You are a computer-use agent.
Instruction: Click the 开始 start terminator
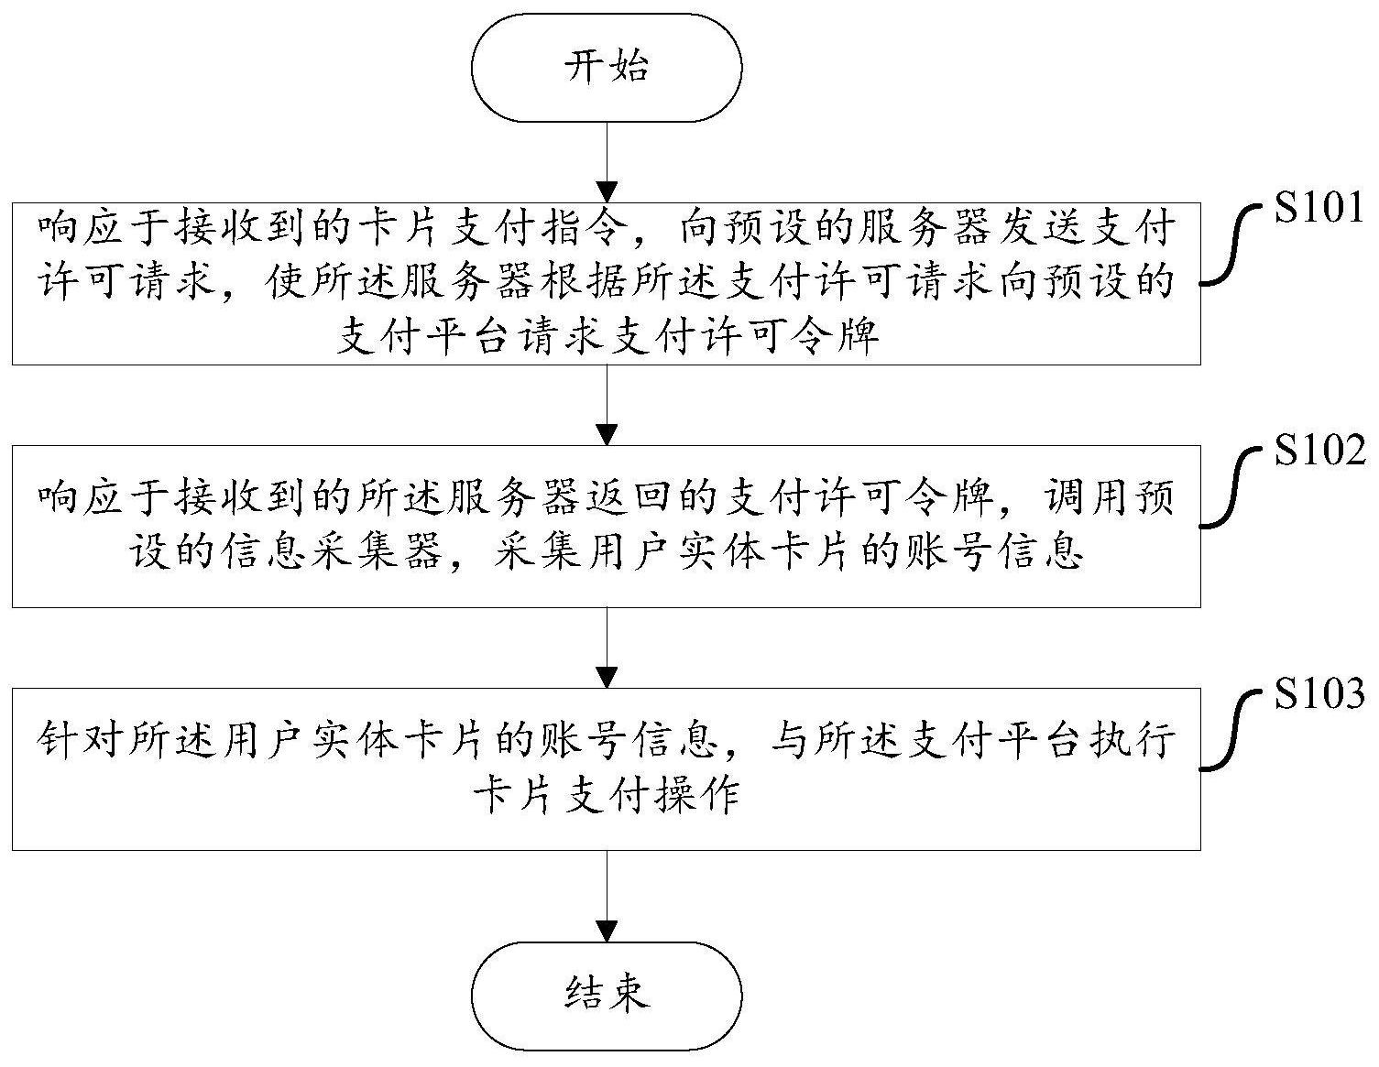[606, 68]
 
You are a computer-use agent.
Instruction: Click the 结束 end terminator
[606, 995]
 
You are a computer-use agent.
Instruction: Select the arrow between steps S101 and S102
[606, 405]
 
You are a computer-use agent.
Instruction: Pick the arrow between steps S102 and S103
[606, 648]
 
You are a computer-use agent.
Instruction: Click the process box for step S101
[606, 284]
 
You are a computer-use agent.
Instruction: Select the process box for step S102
[606, 527]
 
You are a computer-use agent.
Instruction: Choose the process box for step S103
[606, 769]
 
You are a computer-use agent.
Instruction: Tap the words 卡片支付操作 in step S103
[606, 795]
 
